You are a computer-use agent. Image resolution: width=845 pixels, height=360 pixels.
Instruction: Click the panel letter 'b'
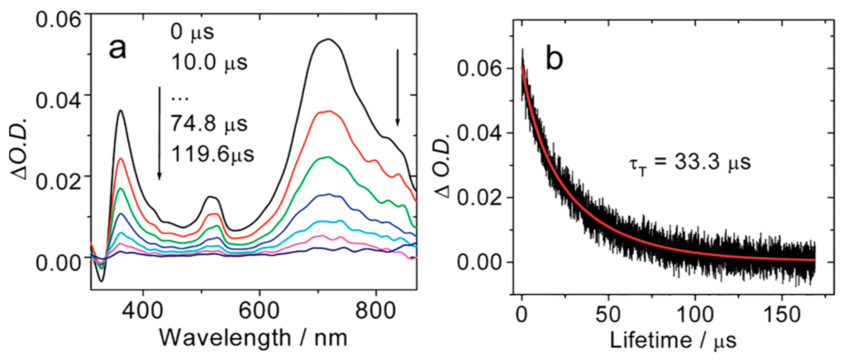(554, 59)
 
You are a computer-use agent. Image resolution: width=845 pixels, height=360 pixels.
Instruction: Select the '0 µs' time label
(192, 32)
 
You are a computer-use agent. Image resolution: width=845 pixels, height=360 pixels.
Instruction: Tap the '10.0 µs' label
(209, 63)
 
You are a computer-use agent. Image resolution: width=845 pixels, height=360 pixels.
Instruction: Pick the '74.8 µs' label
(209, 124)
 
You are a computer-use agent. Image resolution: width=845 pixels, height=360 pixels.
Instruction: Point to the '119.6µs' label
(212, 154)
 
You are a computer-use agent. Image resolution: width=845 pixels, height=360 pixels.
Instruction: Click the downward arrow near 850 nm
(398, 87)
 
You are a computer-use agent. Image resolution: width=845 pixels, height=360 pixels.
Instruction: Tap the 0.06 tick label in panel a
(58, 19)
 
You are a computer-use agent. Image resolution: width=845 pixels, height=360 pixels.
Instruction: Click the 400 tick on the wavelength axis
(143, 311)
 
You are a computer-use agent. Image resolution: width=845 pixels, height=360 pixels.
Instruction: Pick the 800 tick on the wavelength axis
(376, 311)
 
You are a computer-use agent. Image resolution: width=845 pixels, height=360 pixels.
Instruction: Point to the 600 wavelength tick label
(259, 311)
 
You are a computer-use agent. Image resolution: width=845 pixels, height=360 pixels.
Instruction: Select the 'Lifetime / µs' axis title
(673, 341)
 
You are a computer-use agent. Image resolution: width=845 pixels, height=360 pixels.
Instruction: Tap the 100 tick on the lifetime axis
(695, 315)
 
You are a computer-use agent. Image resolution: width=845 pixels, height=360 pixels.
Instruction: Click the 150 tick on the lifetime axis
(782, 315)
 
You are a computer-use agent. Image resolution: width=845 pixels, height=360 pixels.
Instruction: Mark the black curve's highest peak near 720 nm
(329, 39)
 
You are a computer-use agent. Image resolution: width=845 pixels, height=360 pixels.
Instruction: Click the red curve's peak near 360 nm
(121, 159)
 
